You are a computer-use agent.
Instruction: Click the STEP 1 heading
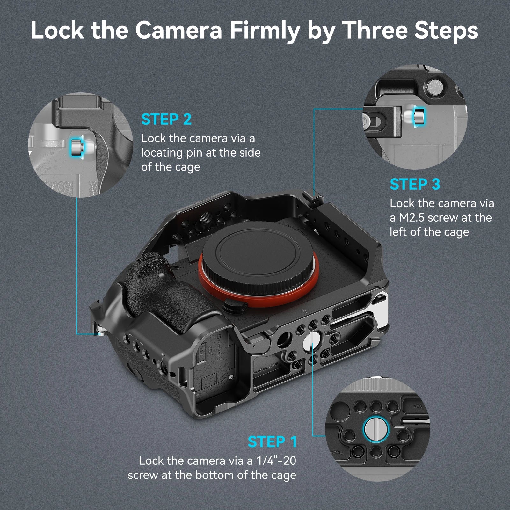272,442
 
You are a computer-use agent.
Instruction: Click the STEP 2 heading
166,119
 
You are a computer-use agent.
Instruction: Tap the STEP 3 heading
415,184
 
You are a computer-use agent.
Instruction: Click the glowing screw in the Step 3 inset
419,117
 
